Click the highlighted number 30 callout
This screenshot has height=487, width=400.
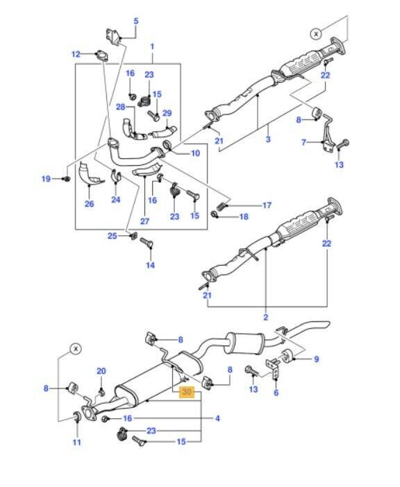[187, 392]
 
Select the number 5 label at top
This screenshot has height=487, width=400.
[136, 21]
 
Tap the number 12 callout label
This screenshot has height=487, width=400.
[76, 54]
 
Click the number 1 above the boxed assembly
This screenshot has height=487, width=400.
[152, 46]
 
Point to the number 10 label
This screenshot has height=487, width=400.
[196, 153]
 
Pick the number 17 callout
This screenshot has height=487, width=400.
[267, 205]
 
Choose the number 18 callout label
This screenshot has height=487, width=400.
[244, 216]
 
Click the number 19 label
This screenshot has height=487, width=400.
[46, 178]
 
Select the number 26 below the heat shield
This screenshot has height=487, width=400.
[89, 204]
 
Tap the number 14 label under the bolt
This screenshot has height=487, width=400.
[151, 265]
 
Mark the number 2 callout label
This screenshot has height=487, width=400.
[265, 317]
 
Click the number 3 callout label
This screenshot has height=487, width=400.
[268, 139]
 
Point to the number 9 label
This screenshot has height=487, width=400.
[317, 359]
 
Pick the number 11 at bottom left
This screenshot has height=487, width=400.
[77, 442]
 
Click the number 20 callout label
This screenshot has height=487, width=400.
[101, 371]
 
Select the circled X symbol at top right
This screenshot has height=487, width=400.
[316, 33]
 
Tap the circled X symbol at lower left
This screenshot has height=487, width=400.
[76, 349]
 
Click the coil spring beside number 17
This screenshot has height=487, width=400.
[221, 206]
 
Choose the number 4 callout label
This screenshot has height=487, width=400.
[217, 418]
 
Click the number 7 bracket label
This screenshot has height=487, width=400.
[303, 142]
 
